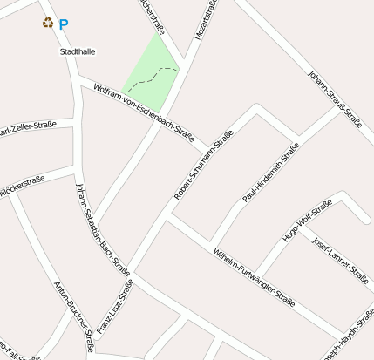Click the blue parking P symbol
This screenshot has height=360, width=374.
[x=64, y=25]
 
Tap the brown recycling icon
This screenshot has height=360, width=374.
[x=48, y=23]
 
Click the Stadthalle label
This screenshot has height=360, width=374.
[x=78, y=52]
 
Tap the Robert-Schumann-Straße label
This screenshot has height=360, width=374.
[x=198, y=166]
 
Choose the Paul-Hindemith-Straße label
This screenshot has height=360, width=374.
[x=270, y=173]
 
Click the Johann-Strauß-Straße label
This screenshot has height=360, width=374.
[x=335, y=98]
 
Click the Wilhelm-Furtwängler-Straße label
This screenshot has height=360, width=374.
[x=254, y=276]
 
